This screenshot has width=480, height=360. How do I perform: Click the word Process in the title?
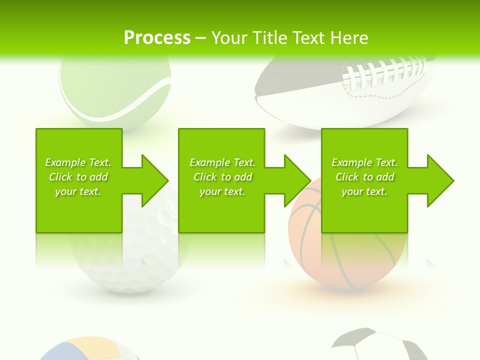(x=157, y=38)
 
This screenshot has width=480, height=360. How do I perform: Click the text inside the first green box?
(x=78, y=177)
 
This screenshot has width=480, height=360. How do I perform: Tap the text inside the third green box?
(x=364, y=177)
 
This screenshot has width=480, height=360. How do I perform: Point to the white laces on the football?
(x=385, y=72)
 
